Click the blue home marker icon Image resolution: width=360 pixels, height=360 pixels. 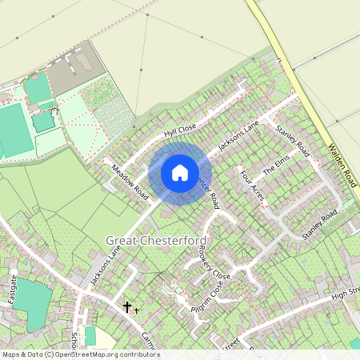180,172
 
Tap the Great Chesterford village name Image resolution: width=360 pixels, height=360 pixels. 156,241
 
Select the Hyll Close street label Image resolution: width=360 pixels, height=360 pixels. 180,130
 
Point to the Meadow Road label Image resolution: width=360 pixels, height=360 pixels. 130,183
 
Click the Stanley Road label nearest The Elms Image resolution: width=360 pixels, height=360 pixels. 293,139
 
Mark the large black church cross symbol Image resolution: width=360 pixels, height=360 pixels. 126,306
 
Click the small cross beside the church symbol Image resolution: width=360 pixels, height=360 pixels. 137,309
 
